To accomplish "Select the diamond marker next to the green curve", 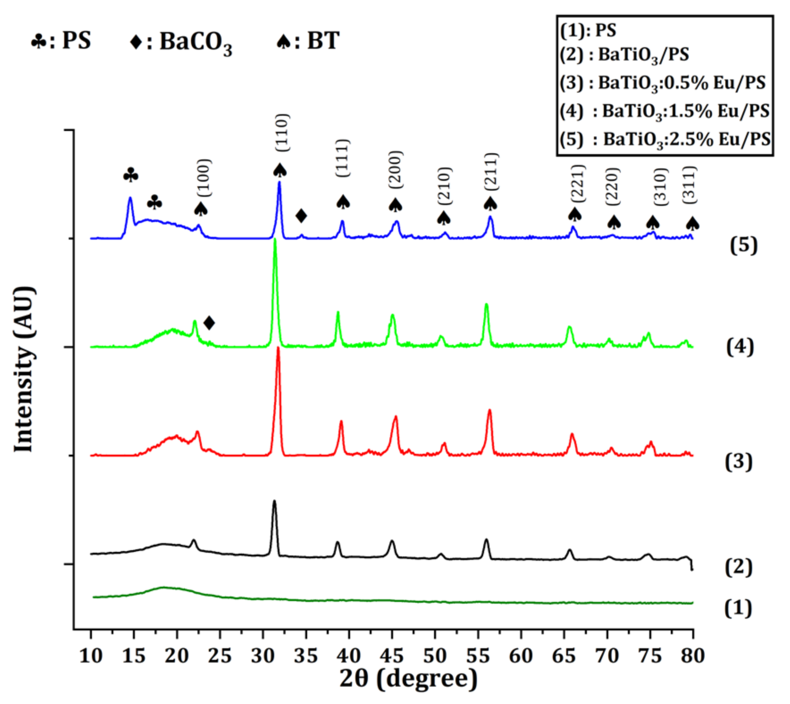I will coord(209,323).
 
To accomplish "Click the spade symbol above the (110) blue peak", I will coord(280,170).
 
